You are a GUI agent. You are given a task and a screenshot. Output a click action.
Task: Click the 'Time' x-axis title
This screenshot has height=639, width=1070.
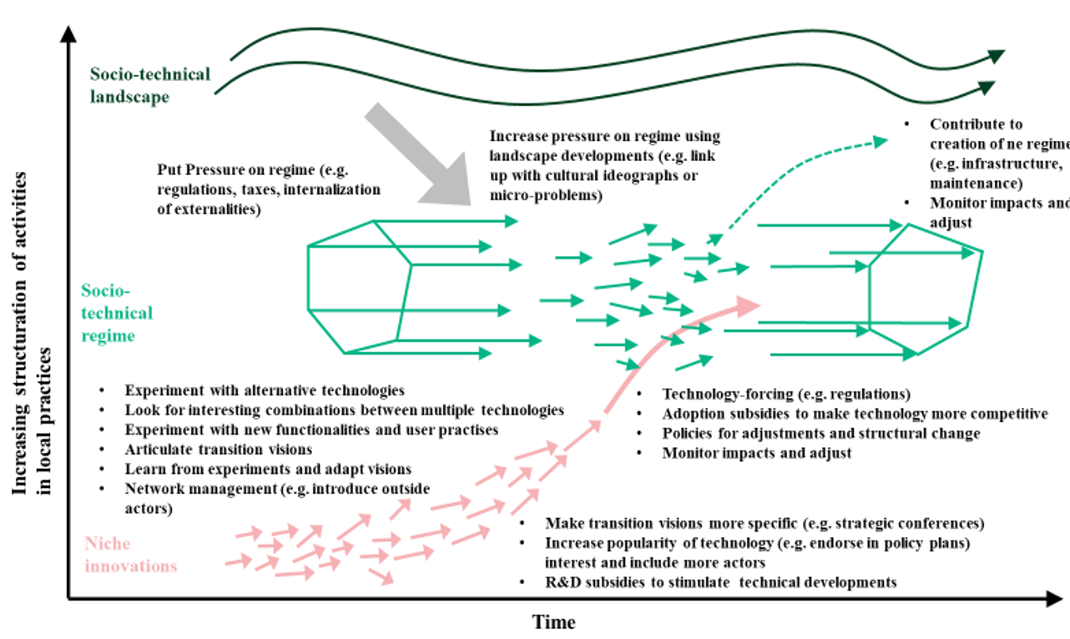[554, 622]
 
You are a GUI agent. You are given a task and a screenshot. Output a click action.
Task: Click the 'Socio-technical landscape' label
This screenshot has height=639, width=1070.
[150, 85]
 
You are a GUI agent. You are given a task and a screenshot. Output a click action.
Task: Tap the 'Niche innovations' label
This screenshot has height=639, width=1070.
[131, 555]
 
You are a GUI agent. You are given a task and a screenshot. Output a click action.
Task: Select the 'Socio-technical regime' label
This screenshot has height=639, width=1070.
[116, 313]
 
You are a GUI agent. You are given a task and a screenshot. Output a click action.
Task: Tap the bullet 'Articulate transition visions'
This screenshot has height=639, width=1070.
[219, 450]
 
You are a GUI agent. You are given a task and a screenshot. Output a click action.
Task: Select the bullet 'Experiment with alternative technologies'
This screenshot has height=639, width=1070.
[265, 390]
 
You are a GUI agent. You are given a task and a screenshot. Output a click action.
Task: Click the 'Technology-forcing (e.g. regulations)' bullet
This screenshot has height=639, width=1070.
[785, 394]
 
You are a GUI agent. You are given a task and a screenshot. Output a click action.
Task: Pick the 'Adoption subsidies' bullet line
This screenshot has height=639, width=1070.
[855, 414]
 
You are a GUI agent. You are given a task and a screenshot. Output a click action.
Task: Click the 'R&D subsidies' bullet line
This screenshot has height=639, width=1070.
[720, 581]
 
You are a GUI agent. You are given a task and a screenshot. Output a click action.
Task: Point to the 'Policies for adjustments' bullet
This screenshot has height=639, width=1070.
[820, 434]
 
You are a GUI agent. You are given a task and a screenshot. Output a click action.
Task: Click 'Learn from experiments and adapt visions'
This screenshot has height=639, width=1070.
[268, 470]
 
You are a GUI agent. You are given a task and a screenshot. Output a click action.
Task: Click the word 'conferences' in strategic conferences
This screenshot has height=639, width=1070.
[943, 524]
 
